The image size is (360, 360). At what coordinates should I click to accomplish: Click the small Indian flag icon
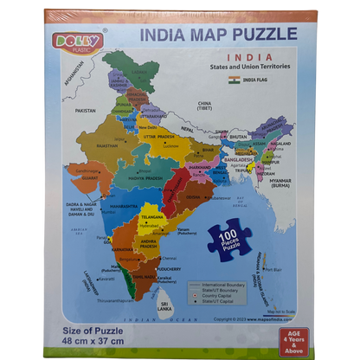(233, 80)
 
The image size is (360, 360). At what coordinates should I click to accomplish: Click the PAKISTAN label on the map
(86, 111)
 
